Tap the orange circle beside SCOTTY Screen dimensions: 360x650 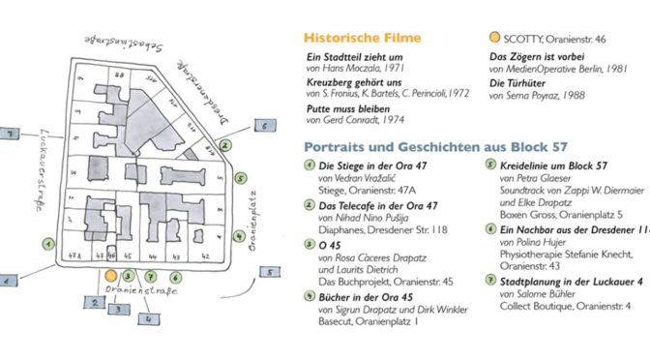[x=494, y=38]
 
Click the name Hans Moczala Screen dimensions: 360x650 [x=351, y=71]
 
